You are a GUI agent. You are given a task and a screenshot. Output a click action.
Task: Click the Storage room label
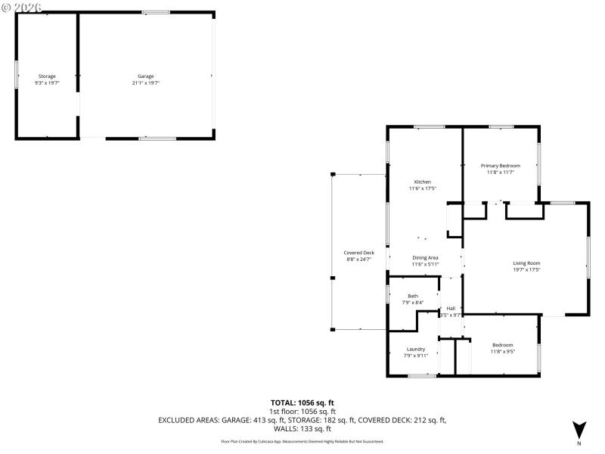point(47,76)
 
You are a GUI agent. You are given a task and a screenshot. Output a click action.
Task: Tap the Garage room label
point(146,76)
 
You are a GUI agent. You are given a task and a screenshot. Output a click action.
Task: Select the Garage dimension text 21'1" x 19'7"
point(146,82)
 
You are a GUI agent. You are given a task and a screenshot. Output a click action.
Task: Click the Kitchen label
point(422,182)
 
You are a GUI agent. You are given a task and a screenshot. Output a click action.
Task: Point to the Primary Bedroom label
point(501,166)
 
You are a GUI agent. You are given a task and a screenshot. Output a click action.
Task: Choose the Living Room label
point(526,263)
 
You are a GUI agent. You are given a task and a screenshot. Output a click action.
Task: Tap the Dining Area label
point(425,258)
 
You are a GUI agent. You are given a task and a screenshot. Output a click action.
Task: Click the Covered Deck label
point(358,253)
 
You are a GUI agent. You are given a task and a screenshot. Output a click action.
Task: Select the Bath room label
point(413,296)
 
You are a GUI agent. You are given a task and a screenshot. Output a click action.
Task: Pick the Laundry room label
point(416,349)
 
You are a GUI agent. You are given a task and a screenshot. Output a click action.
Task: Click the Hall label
point(451,309)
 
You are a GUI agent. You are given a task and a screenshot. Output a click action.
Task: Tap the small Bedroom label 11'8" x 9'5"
point(502,345)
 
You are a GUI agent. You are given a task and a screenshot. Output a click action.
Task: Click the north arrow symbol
point(579,428)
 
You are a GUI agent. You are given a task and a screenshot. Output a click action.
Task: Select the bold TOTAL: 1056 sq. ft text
point(302,403)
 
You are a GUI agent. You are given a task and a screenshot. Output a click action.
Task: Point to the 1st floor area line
point(302,412)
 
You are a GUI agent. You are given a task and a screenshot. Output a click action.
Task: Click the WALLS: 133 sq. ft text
point(302,428)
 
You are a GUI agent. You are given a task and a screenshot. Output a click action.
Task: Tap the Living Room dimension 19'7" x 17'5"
point(526,269)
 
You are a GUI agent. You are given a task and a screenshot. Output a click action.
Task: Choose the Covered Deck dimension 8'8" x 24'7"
point(358,259)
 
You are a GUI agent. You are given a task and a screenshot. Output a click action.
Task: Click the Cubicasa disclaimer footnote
point(302,441)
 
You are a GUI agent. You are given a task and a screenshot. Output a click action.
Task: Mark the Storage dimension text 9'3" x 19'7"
point(47,82)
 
